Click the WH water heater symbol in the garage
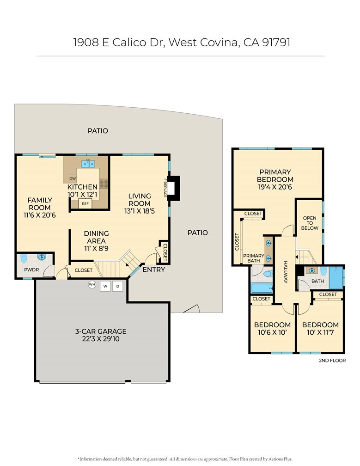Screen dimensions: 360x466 [x=92, y=285]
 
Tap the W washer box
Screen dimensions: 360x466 [x=105, y=286]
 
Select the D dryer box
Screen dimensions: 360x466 [x=118, y=286]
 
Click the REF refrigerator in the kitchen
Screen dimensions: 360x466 [x=85, y=203]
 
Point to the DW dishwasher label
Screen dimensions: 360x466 [x=73, y=178]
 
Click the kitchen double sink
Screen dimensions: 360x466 [x=88, y=164]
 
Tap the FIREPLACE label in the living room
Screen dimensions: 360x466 [x=165, y=188]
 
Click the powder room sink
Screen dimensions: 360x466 [x=41, y=257]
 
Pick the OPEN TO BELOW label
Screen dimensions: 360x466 [x=310, y=223]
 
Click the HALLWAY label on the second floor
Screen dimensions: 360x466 [x=286, y=272]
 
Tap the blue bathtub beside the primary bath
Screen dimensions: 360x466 [x=262, y=288]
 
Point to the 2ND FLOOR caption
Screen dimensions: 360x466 [x=332, y=361]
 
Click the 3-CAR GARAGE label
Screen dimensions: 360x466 [x=101, y=331]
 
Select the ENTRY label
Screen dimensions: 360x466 [x=153, y=270]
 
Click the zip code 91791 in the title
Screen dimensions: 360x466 [x=276, y=42]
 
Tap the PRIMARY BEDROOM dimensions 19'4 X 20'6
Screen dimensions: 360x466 [x=275, y=187]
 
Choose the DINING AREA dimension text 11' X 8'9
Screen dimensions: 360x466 [x=96, y=248]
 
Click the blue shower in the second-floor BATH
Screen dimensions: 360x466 [x=336, y=278]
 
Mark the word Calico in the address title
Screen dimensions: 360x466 [x=129, y=42]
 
